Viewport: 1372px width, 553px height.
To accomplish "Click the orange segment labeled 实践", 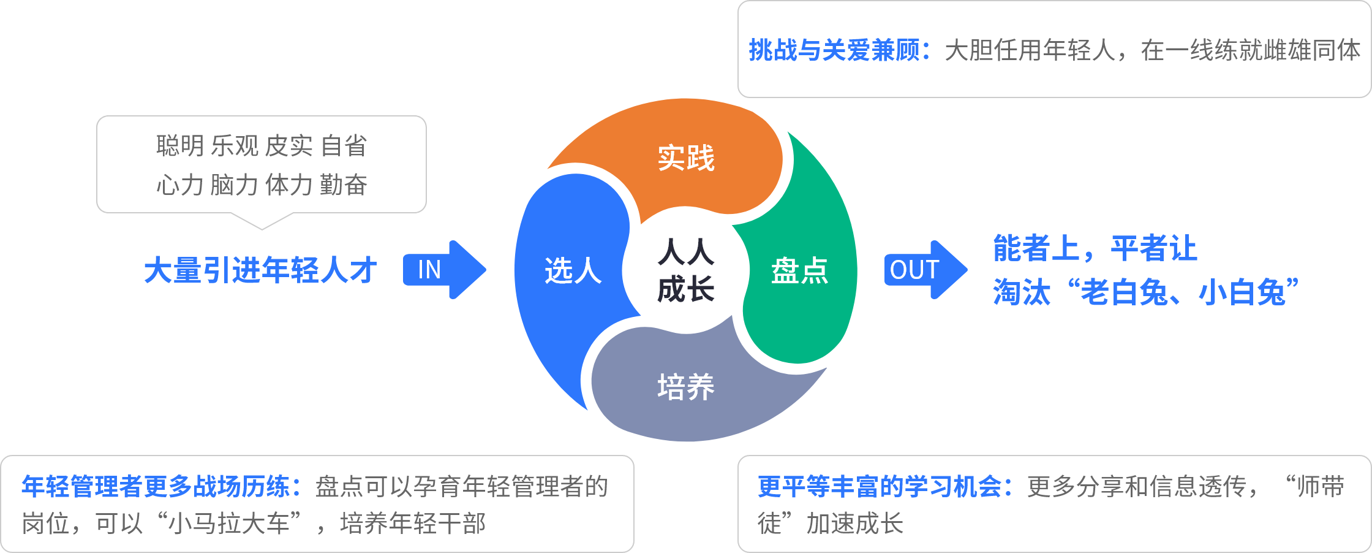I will point(686,158).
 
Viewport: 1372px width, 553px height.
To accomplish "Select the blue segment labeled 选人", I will point(573,270).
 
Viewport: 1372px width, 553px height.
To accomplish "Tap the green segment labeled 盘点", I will point(799,270).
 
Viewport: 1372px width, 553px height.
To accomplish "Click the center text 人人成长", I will point(686,270).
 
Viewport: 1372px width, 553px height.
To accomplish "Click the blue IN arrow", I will point(443,270).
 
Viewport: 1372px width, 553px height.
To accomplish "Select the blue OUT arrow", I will point(925,270).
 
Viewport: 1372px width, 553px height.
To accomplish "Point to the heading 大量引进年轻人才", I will point(260,270).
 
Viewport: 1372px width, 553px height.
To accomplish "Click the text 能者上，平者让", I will point(1095,248).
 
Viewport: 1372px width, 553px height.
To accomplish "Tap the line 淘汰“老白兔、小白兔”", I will point(1145,292).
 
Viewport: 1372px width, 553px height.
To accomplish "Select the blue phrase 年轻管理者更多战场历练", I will point(156,487).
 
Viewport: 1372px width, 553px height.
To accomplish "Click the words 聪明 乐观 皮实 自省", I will point(262,146).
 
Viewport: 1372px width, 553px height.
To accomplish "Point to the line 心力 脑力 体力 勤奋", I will point(262,185).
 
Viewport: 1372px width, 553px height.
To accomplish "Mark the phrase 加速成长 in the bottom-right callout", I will point(855,524).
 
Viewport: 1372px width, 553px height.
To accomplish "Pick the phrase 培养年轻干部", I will point(413,524).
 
